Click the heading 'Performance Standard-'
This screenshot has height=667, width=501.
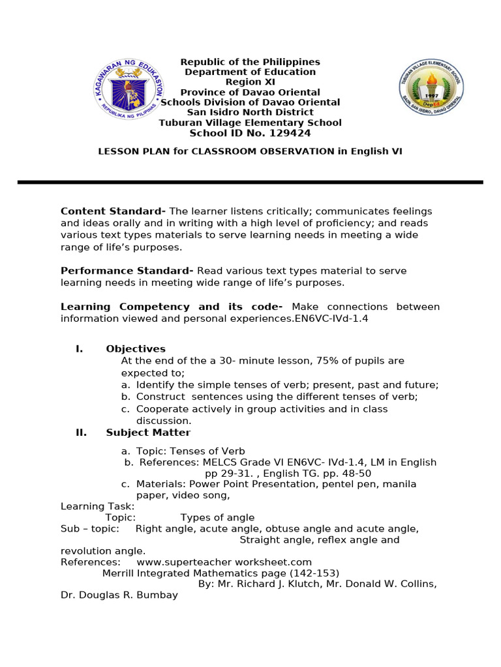(x=127, y=271)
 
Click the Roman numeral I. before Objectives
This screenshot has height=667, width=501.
(x=79, y=349)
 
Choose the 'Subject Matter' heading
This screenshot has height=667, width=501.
(x=148, y=433)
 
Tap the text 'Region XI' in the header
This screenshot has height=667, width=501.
(x=250, y=82)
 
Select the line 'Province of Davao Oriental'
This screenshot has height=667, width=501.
(x=250, y=92)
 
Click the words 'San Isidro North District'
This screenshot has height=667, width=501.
(x=250, y=113)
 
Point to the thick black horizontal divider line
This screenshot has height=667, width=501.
(x=250, y=182)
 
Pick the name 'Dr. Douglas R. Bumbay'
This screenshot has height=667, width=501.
(x=119, y=595)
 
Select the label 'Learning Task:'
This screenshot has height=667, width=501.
(x=98, y=507)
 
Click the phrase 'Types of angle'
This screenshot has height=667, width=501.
(x=217, y=518)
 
